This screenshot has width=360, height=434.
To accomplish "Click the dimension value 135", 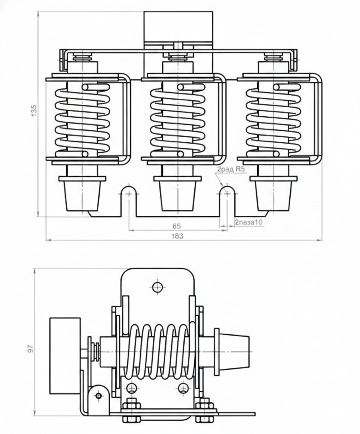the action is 33,111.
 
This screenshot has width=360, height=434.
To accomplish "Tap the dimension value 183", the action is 177,236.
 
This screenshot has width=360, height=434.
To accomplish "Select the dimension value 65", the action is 177,226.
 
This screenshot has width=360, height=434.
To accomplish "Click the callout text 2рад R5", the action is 231,169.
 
